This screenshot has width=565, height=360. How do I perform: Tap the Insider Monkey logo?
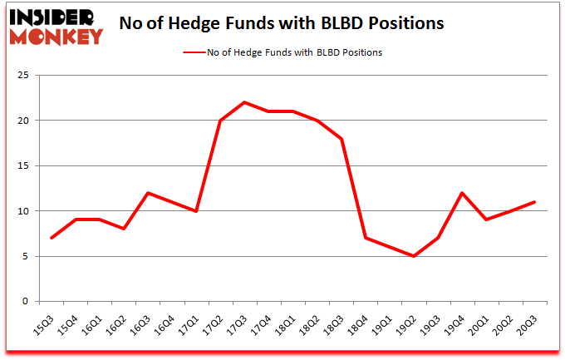[56, 25]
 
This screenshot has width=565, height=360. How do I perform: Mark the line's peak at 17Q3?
[244, 102]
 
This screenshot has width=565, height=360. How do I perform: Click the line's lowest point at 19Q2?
[413, 256]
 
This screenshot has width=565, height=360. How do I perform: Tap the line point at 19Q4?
[461, 193]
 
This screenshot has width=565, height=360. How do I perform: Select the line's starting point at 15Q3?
[52, 238]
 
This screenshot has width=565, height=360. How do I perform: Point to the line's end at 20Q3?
[533, 202]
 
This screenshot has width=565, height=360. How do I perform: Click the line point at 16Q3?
[148, 193]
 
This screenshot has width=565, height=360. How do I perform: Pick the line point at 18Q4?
[365, 238]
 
